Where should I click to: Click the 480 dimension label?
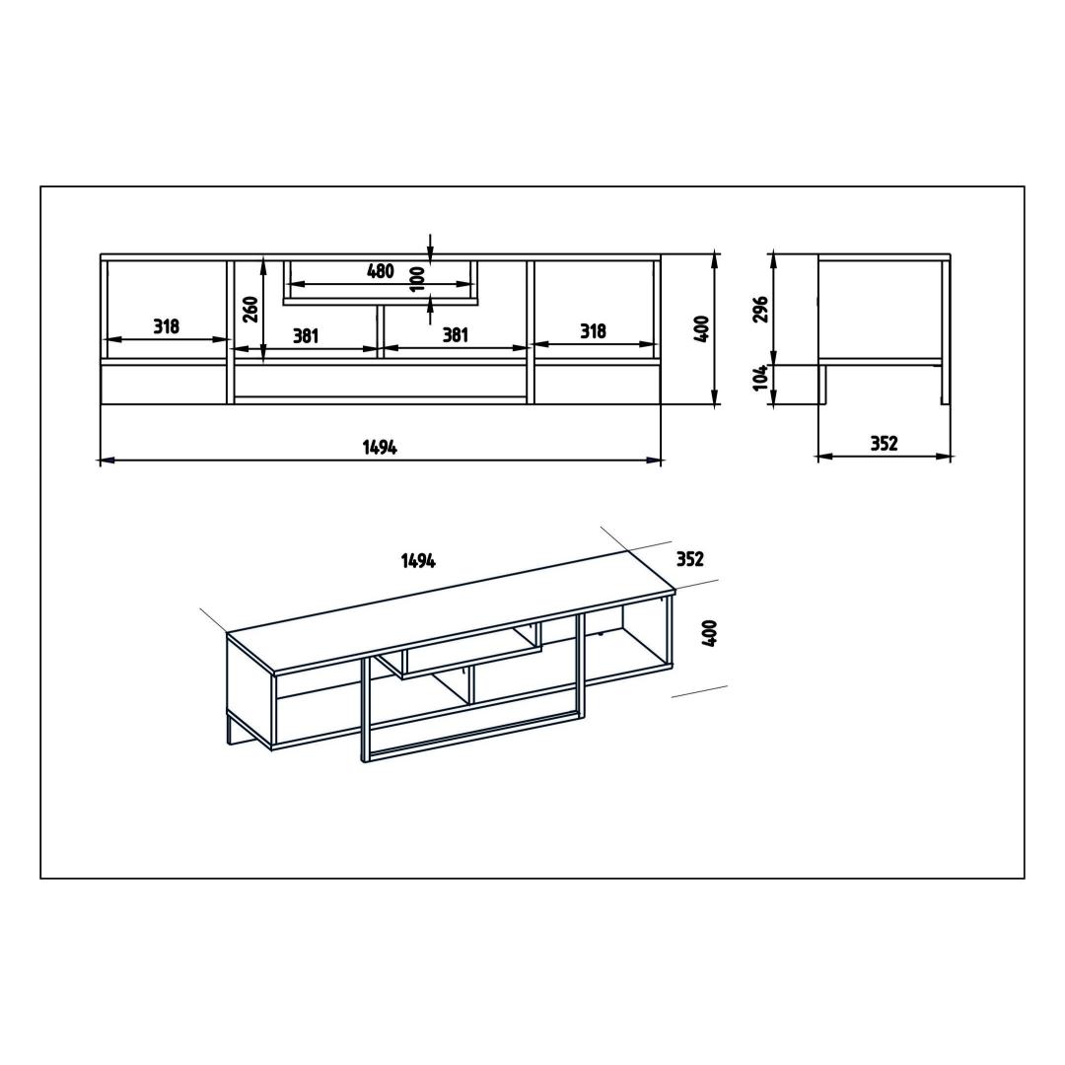[381, 271]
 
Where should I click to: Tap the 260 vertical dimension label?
[250, 309]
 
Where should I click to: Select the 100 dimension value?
[418, 278]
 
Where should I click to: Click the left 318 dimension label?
[166, 326]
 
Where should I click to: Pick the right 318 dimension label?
[593, 331]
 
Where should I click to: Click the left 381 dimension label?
[306, 335]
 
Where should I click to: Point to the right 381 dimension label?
[455, 335]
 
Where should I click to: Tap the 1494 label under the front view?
[380, 447]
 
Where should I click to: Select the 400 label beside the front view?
[702, 328]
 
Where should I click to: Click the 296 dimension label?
[760, 309]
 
